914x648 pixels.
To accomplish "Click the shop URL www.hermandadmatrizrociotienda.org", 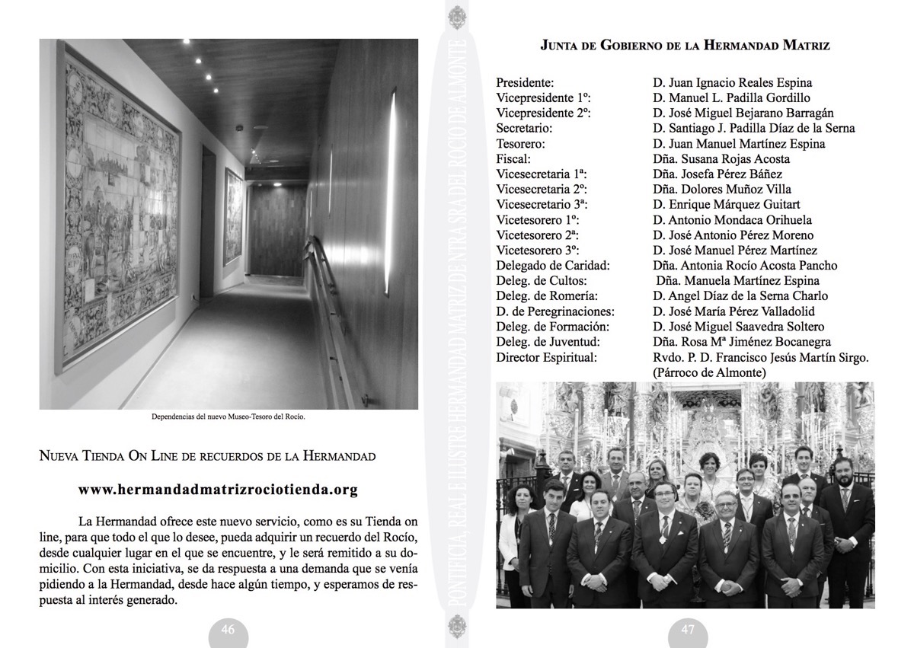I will pyautogui.click(x=218, y=490).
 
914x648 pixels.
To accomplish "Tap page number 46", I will pyautogui.click(x=228, y=630).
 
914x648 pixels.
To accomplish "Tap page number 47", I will pyautogui.click(x=688, y=630).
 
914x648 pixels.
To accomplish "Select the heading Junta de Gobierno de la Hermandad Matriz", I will pyautogui.click(x=685, y=46).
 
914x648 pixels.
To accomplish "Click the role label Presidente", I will pyautogui.click(x=525, y=82).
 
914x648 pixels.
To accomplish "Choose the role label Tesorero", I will pyautogui.click(x=521, y=143).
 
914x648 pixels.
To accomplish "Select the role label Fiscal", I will pyautogui.click(x=514, y=158).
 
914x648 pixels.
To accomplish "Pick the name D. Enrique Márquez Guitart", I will pyautogui.click(x=726, y=204).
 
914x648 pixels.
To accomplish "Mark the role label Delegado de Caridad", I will pyautogui.click(x=553, y=265).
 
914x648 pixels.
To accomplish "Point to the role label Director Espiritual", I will pyautogui.click(x=546, y=356).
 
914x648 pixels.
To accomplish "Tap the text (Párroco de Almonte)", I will pyautogui.click(x=709, y=372).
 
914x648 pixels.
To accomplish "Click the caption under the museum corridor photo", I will pyautogui.click(x=228, y=417).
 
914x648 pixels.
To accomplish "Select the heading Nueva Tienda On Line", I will pyautogui.click(x=207, y=457).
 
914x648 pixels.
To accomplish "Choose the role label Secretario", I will pyautogui.click(x=524, y=128).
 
